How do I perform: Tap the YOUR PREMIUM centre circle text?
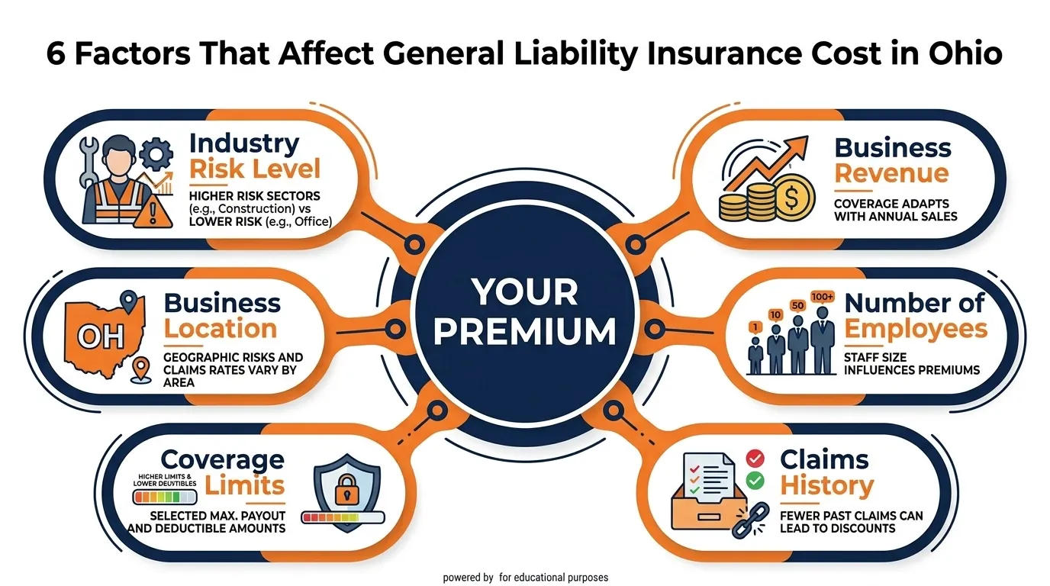point(525,311)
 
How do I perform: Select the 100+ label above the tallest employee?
point(823,296)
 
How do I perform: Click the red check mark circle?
point(755,458)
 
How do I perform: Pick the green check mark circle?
point(755,480)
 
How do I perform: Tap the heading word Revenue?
point(891,173)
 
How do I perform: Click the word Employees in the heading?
point(916,329)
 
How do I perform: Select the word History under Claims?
point(826,485)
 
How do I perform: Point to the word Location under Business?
point(221,329)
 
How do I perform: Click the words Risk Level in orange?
point(255,169)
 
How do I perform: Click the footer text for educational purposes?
point(554,578)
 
